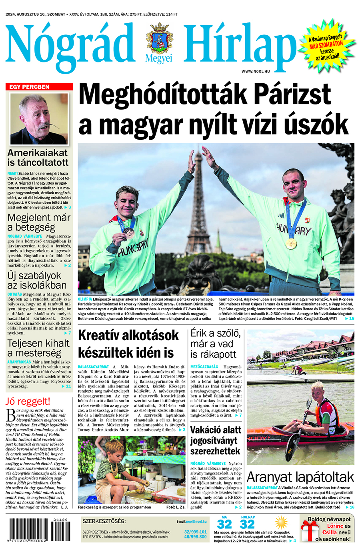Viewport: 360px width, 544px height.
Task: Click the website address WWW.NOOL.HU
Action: coord(255,71)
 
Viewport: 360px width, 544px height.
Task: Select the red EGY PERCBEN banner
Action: coord(39,86)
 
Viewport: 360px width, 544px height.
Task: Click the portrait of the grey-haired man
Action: coord(39,118)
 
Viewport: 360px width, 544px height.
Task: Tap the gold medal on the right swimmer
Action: coord(290,243)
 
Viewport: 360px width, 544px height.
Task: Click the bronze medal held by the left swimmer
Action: coord(128,233)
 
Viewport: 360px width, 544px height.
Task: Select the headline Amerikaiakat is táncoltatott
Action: coord(38,158)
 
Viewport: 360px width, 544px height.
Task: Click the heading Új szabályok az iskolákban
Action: coord(37,280)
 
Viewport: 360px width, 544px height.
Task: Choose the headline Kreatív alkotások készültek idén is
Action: coord(128,344)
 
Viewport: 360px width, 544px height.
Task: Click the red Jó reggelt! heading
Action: coord(28,401)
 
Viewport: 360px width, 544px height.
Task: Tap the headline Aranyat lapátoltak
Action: coord(300,477)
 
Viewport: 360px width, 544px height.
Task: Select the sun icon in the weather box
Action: coord(282,523)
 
